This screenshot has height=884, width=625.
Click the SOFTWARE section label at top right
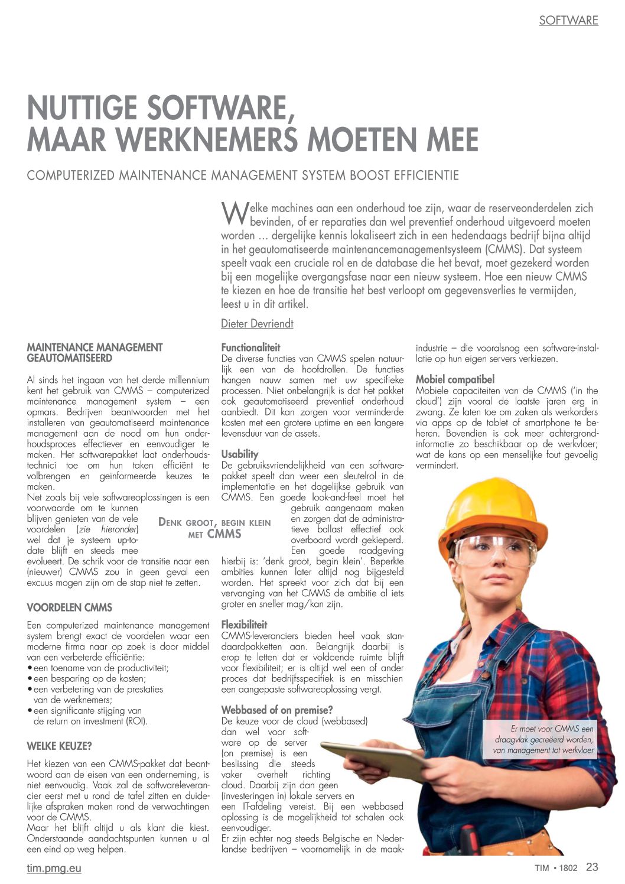click(x=568, y=21)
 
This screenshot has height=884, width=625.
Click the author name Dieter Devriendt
click(x=257, y=324)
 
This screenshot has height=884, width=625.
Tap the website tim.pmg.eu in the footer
click(x=54, y=868)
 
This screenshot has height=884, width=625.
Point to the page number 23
click(x=592, y=867)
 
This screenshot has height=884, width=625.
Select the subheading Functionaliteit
click(x=250, y=347)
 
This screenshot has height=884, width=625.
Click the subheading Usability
click(x=240, y=454)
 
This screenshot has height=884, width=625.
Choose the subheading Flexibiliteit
click(x=244, y=625)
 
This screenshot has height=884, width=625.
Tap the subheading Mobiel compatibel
click(x=455, y=379)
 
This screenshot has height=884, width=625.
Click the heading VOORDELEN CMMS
click(x=70, y=607)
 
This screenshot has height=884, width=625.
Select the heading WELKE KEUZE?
click(x=59, y=746)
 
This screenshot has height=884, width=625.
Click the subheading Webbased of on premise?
click(x=277, y=710)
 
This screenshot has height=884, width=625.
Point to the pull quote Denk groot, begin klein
click(x=215, y=528)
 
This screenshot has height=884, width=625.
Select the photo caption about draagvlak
click(x=543, y=740)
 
